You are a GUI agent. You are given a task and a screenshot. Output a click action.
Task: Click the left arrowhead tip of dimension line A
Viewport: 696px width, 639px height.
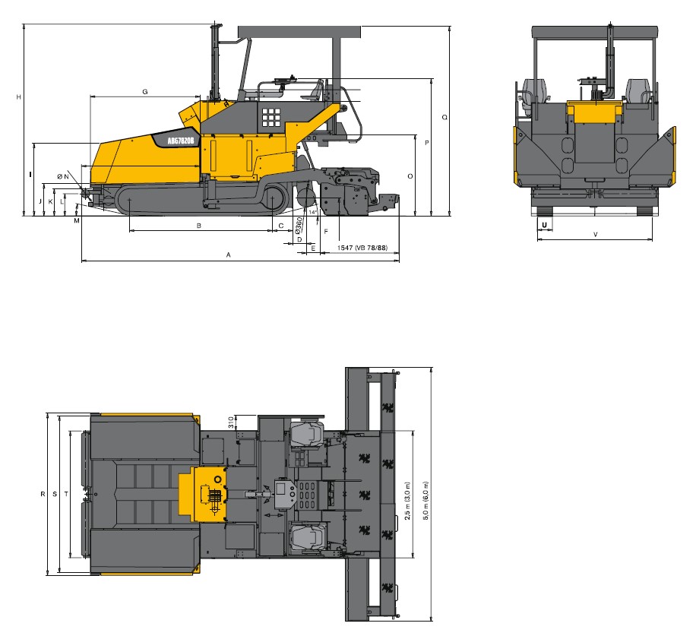(x=82, y=261)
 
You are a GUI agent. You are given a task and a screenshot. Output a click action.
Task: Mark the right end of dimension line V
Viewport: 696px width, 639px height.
(x=653, y=239)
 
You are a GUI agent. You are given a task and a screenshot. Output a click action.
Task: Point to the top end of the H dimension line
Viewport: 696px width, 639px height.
(x=23, y=24)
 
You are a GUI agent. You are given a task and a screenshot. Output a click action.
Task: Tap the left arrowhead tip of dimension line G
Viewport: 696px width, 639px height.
(x=90, y=96)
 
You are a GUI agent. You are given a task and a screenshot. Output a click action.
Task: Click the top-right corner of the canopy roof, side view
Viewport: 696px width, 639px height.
(x=361, y=26)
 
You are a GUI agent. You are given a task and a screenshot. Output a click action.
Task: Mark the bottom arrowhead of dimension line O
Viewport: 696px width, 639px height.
(x=416, y=216)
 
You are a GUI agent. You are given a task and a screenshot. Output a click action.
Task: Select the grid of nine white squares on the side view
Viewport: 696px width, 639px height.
(x=270, y=117)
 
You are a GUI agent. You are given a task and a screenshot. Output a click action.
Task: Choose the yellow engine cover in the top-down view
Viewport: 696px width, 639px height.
(x=202, y=494)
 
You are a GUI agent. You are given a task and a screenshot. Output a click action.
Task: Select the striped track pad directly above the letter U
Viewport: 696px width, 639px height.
(x=544, y=210)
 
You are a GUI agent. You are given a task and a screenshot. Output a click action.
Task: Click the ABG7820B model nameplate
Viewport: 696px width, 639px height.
(x=180, y=141)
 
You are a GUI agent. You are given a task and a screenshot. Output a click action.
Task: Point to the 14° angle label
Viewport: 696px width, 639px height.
(x=313, y=212)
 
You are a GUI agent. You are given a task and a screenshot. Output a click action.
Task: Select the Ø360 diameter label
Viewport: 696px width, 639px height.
(x=299, y=225)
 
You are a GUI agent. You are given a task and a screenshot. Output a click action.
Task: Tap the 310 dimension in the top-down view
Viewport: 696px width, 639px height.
(x=231, y=422)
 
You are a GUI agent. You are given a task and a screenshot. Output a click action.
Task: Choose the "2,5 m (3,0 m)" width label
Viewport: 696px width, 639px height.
(x=407, y=501)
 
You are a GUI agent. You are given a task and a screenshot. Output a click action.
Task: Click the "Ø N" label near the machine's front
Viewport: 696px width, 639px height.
(x=63, y=176)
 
